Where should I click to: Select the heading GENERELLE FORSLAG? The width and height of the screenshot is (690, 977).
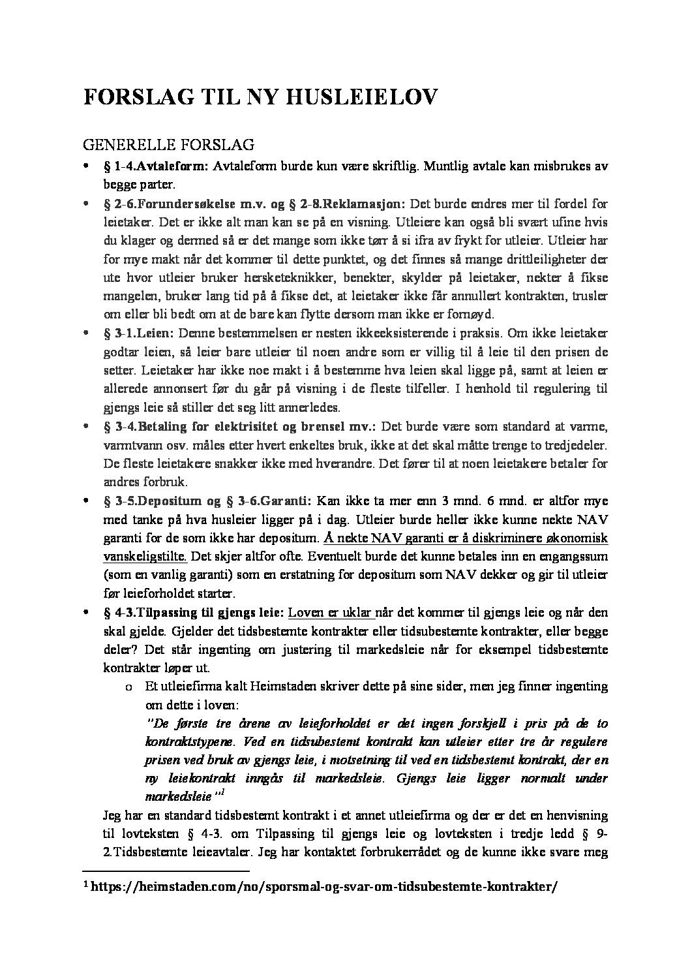click(x=168, y=143)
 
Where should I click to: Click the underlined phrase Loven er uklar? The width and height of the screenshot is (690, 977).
click(x=329, y=613)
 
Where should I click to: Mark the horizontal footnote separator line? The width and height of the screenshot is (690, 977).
click(x=166, y=871)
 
